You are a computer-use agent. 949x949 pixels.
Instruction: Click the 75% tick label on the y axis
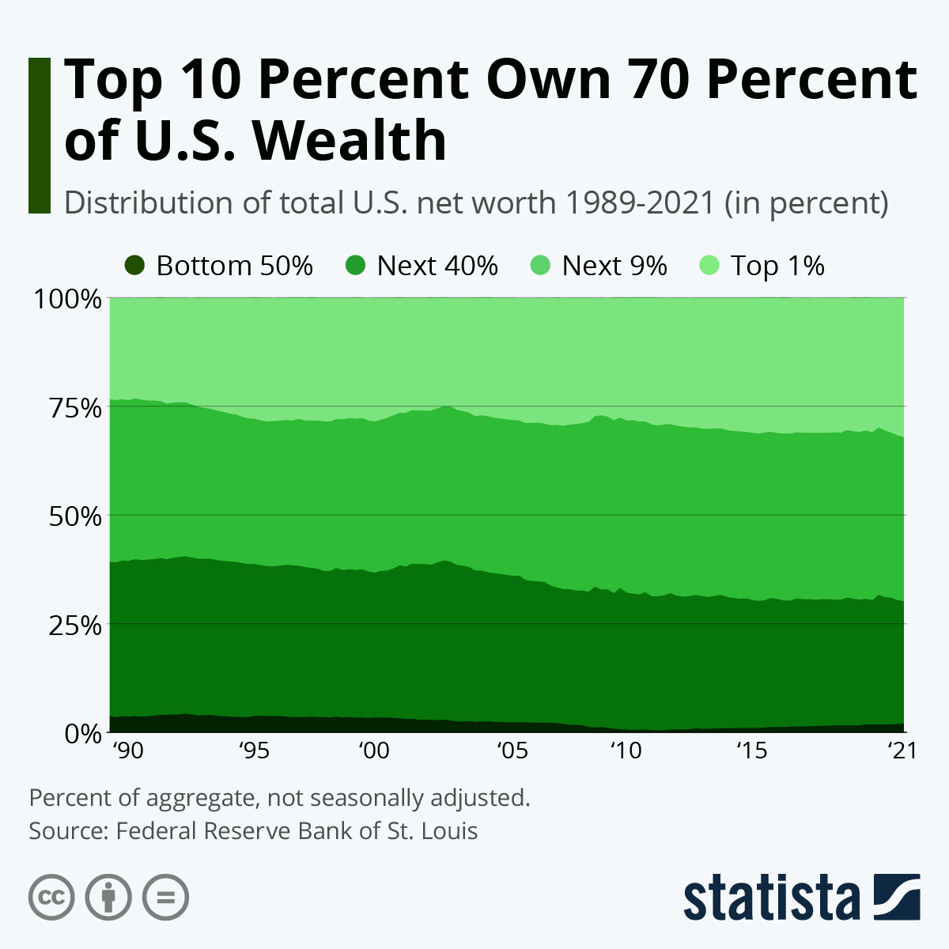[x=69, y=408]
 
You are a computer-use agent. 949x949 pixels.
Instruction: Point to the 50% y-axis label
[x=69, y=516]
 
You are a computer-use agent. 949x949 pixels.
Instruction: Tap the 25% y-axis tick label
[x=69, y=625]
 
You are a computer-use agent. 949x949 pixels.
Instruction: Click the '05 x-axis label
[x=511, y=750]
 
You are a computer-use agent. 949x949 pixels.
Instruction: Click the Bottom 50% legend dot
[x=134, y=266]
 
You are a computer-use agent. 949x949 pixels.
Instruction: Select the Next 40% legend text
[x=437, y=266]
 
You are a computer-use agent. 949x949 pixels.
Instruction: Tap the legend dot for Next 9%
[x=539, y=266]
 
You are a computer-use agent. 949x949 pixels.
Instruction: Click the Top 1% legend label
[x=777, y=266]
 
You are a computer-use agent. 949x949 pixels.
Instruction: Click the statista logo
[x=801, y=898]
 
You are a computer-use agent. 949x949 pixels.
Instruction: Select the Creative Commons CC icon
[x=51, y=898]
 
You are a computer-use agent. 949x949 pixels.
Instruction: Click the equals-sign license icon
[x=165, y=898]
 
